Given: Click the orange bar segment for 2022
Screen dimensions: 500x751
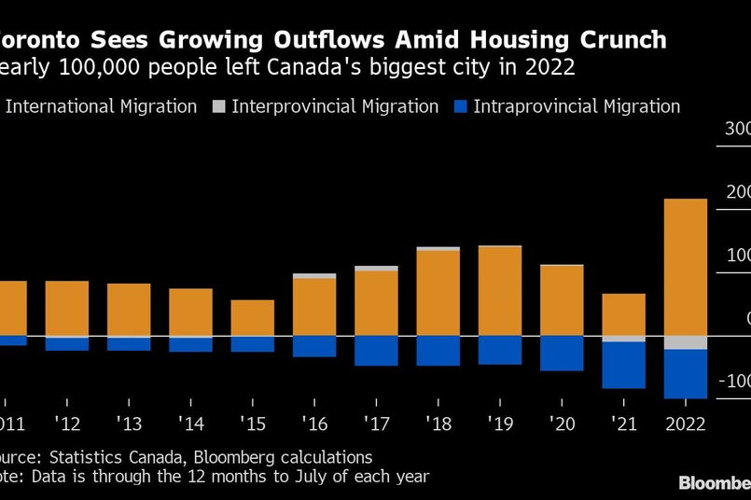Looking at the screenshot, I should (x=685, y=267).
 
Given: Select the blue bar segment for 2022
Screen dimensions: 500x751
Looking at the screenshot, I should (x=685, y=374).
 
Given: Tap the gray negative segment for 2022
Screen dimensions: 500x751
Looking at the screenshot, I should (x=685, y=342).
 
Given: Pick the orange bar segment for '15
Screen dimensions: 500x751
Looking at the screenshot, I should (x=252, y=318).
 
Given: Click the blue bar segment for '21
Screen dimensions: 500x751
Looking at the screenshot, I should (x=623, y=365).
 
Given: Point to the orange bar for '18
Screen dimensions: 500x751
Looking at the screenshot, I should (x=438, y=293).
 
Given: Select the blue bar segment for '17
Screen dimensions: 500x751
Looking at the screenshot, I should (x=376, y=350).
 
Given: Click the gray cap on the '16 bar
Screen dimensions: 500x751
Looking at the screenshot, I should (x=314, y=276).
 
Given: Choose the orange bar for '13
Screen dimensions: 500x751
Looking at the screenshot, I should (x=129, y=310).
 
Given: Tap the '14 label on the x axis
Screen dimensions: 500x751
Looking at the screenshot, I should (x=190, y=424).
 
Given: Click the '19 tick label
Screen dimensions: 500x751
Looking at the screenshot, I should (x=499, y=424).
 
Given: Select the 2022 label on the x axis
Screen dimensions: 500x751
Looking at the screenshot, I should (x=685, y=424).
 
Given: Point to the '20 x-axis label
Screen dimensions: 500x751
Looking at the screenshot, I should (x=562, y=424).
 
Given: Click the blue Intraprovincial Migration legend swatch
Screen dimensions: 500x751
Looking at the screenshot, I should (x=458, y=106).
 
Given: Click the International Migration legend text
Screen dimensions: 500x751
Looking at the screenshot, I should (x=102, y=106).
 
